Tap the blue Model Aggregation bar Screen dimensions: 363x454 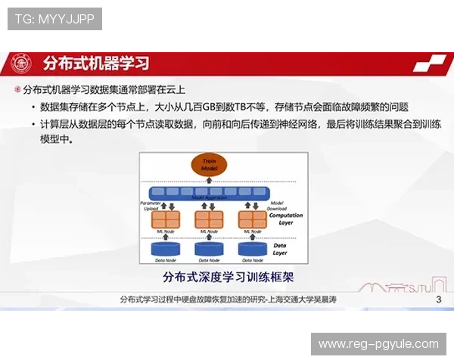[x=209, y=194]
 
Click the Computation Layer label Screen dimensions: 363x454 [x=286, y=219]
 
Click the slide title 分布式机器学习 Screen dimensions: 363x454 [x=96, y=62]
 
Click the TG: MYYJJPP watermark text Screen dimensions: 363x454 [x=54, y=19]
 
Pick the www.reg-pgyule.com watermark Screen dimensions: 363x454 [x=378, y=344]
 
